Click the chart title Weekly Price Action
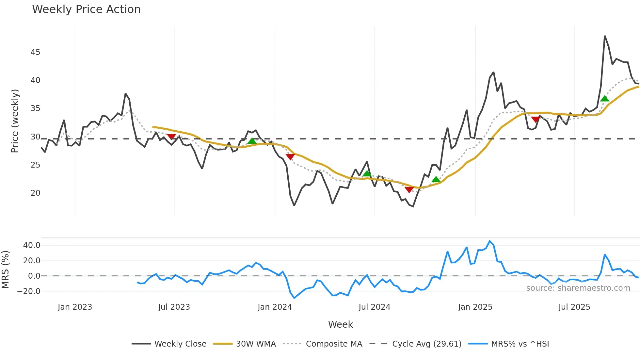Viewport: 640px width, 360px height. click(x=86, y=9)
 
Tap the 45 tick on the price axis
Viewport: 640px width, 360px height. click(x=35, y=52)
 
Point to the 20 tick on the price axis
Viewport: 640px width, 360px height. click(x=35, y=193)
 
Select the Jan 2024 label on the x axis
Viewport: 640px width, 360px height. click(x=275, y=307)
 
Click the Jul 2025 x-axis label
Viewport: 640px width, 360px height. click(x=574, y=307)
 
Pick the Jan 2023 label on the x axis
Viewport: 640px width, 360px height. click(x=75, y=307)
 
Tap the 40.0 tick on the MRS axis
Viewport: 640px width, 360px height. click(x=31, y=245)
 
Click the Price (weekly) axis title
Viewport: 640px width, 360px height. click(x=15, y=121)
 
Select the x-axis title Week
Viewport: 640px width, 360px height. click(x=340, y=324)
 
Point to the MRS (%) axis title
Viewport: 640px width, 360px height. click(x=5, y=270)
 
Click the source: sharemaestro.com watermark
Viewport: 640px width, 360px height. click(x=578, y=288)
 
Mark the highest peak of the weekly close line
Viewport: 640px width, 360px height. click(x=605, y=36)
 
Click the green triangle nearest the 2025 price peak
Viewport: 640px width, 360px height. click(x=604, y=99)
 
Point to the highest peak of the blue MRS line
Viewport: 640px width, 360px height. click(x=489, y=241)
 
